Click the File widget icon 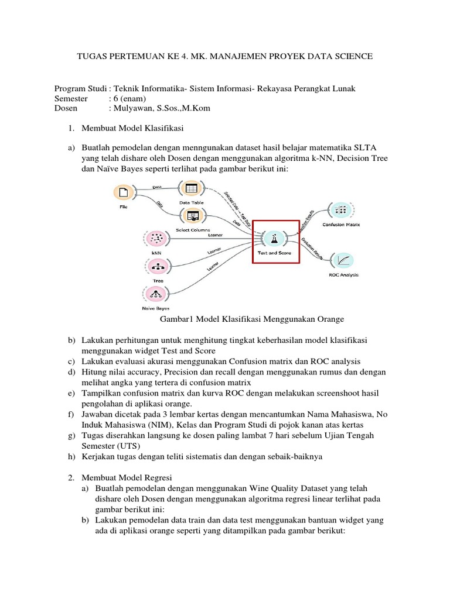point(123,192)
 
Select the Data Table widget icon point(192,188)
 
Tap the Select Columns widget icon point(192,216)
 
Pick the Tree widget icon point(157,266)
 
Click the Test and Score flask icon point(274,238)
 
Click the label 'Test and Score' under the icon point(274,253)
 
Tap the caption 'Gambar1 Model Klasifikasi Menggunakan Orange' point(251,319)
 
